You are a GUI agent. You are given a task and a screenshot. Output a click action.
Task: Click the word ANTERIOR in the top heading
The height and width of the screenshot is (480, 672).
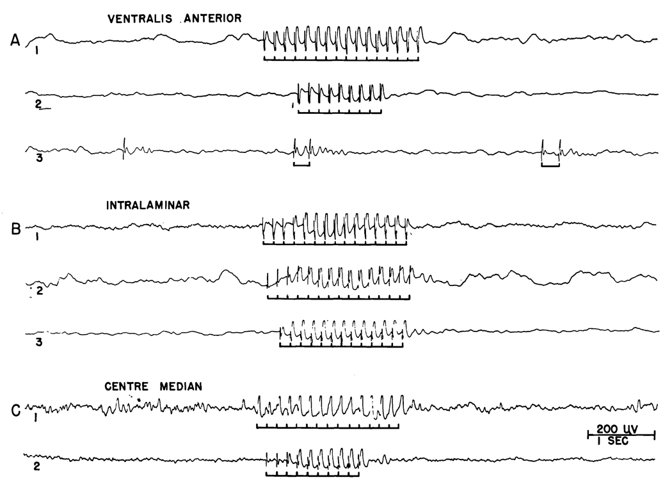pos(214,19)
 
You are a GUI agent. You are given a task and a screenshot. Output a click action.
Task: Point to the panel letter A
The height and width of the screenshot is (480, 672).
pos(16,41)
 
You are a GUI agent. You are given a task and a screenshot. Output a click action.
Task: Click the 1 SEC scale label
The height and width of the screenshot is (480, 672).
pos(618,441)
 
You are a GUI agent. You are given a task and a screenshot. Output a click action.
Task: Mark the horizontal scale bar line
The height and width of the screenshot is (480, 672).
pos(621,435)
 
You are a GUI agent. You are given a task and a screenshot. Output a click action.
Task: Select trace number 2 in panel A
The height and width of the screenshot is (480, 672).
pos(39,103)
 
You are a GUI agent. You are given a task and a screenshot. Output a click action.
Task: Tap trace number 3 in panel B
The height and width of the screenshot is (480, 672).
pos(39,342)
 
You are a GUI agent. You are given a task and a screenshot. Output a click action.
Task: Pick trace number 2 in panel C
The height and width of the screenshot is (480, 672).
pos(36,467)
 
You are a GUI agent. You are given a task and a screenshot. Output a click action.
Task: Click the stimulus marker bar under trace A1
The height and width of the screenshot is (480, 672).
pos(341,60)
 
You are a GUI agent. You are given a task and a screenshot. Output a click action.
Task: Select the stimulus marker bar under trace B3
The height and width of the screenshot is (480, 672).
pos(341,346)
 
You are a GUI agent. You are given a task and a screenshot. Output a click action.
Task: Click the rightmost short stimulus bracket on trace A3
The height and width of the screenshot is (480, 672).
pos(550,165)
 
